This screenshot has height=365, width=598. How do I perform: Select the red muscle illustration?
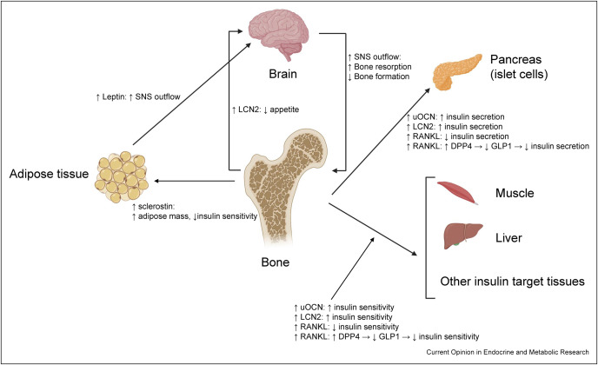(x=457, y=193)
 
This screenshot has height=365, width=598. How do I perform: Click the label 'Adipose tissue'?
(x=49, y=174)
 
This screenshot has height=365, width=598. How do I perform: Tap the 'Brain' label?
(x=282, y=74)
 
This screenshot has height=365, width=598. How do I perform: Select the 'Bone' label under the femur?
(x=275, y=262)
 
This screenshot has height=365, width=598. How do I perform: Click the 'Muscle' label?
(x=515, y=193)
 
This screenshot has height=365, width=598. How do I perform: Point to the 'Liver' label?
(x=508, y=238)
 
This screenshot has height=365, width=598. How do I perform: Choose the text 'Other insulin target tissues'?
(x=512, y=282)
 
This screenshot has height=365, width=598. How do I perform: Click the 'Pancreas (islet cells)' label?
(x=519, y=66)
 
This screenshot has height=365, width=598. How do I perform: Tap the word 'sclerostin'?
(x=156, y=207)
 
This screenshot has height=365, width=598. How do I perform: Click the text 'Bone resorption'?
(x=382, y=67)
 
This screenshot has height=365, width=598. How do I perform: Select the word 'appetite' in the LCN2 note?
(x=284, y=109)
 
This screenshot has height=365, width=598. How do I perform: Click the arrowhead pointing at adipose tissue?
(x=157, y=181)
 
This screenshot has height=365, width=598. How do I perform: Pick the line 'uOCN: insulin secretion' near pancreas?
(x=455, y=116)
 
